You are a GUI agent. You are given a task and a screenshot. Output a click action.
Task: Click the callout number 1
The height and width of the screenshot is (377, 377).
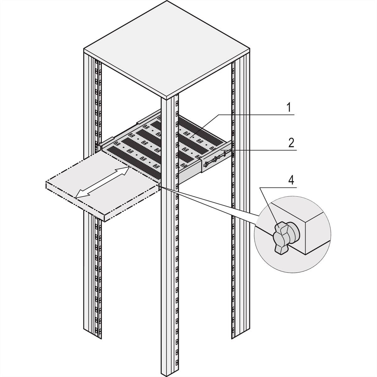pos(289,108)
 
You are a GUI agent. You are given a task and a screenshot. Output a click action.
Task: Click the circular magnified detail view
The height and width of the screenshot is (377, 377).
pos(292,232)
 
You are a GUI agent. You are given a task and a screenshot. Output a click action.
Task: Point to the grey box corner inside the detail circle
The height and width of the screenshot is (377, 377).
pos(314,232)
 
